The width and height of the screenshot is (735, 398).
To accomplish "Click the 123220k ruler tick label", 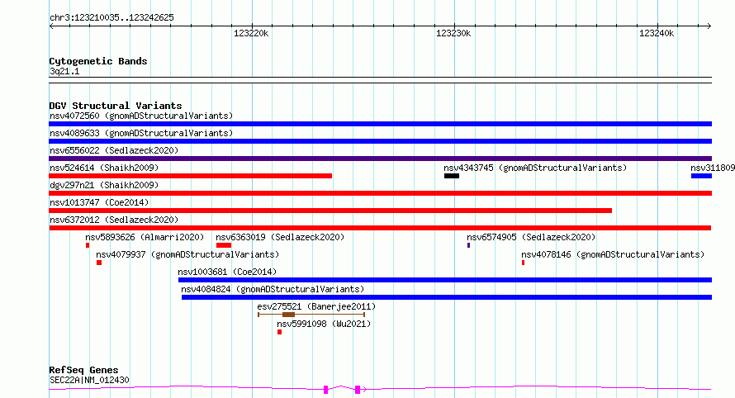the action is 251,33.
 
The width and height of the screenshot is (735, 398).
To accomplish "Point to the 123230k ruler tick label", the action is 453,33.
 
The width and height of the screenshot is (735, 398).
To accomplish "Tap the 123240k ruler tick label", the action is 657,33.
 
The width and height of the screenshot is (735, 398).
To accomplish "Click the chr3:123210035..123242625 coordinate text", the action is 111,17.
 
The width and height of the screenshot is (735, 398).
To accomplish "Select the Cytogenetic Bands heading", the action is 98,61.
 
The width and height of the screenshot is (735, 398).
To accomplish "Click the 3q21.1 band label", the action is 64,71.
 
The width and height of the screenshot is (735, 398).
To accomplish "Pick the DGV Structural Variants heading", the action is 116,106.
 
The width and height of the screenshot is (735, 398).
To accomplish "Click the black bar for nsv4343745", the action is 452,176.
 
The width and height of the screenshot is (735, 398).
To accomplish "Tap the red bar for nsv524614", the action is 190,176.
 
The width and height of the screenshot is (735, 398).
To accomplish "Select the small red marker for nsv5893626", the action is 88,245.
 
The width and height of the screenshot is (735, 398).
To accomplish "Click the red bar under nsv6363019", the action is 224,245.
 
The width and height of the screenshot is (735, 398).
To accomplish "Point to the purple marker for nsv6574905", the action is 468,245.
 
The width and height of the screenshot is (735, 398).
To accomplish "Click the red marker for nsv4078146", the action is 523,263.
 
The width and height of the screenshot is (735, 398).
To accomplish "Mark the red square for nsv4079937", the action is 99,263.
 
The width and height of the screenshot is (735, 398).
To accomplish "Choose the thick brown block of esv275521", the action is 288,315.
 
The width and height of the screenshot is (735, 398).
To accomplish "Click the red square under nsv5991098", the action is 279,332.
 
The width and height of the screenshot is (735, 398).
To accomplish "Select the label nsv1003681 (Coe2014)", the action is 227,272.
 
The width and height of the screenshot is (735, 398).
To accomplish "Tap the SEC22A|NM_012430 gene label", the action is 89,380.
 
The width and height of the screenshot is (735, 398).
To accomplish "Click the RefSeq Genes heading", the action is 83,370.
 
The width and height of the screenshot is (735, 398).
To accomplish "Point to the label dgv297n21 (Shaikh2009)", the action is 104,185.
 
